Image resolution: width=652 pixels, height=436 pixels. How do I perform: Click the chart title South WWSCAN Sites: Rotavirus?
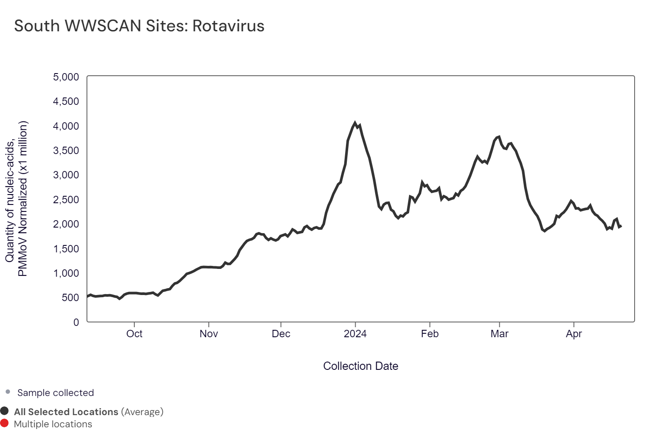point(139,26)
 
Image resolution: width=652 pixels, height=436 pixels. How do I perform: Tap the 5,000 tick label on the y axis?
point(66,77)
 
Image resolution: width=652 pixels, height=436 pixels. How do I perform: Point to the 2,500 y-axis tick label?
point(66,200)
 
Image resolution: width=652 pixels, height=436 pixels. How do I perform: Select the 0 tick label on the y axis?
point(76,322)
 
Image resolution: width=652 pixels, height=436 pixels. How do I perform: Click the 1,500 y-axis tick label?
point(66,249)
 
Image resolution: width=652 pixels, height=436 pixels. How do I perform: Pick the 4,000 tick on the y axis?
point(66,126)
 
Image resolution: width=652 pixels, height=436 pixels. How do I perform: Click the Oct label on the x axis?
point(134,334)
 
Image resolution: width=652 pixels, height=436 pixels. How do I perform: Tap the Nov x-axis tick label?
point(209,334)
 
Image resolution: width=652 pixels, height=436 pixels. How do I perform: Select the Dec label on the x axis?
point(281,334)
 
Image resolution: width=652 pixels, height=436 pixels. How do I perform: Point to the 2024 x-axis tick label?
point(355,334)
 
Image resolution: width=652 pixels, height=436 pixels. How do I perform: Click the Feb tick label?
point(430,334)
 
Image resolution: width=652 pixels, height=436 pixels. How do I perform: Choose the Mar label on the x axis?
point(499,334)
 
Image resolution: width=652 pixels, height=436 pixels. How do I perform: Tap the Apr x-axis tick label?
point(574,334)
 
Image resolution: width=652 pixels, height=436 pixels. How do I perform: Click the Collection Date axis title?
point(361,366)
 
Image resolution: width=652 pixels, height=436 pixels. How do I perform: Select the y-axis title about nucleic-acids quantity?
point(16,198)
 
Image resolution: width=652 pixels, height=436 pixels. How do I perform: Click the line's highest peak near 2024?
point(355,123)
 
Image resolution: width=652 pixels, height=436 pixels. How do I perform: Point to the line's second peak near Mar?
point(499,137)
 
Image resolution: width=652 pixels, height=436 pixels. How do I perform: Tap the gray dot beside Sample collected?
point(8,392)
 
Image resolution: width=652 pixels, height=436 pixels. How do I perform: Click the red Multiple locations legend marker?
point(4,423)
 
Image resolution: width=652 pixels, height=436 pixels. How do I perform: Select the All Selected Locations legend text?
point(66,412)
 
